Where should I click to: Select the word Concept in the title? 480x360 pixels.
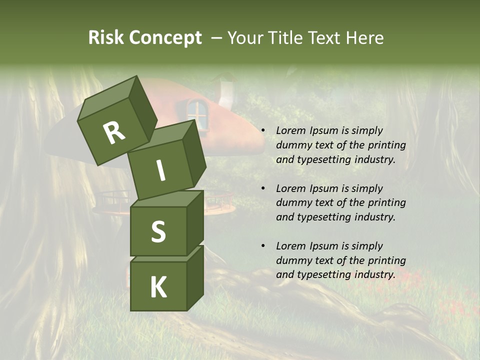click(x=165, y=38)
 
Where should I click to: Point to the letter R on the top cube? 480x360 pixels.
click(x=114, y=133)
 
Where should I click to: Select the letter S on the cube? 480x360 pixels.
click(x=158, y=231)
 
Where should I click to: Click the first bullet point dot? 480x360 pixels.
click(x=263, y=131)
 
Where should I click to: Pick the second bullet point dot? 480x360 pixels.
click(x=263, y=189)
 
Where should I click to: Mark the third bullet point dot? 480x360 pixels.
click(x=263, y=246)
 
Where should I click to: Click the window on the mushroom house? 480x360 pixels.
click(x=197, y=113)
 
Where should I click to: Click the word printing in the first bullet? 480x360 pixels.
click(x=387, y=145)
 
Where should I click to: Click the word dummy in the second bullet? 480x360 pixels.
click(x=292, y=202)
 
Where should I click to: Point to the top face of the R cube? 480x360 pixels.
click(x=108, y=95)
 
